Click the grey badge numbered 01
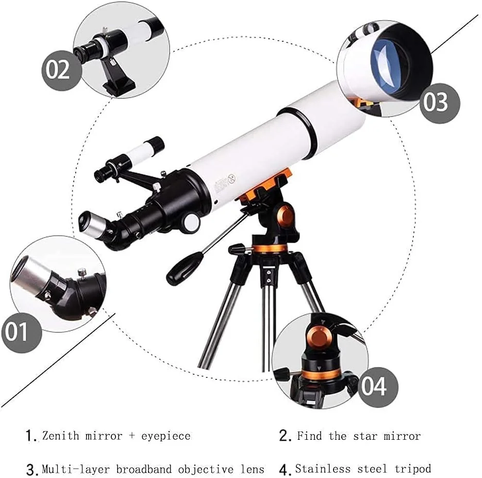coord(22,332)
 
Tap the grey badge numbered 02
coord(62,71)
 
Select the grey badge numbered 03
coord(440,103)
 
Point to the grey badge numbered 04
coord(378,387)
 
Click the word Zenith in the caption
coord(60,436)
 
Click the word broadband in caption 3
coord(144,469)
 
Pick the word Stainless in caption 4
coord(323,469)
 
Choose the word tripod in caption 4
coord(413,469)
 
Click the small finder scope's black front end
coord(157,144)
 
